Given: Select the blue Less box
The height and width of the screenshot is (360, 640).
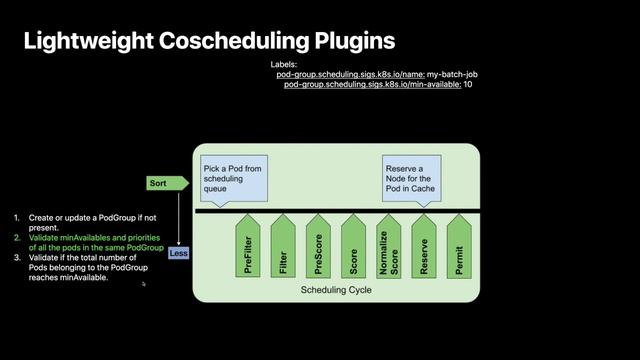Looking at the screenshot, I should click(x=179, y=253).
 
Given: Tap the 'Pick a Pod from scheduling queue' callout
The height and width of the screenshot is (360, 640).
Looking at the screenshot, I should click(x=231, y=176).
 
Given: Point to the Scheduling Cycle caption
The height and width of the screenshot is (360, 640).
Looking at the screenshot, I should click(x=336, y=290).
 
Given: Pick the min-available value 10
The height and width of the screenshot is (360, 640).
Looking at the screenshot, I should click(x=468, y=85).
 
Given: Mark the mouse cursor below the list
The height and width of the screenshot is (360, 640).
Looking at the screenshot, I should click(x=144, y=284).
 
